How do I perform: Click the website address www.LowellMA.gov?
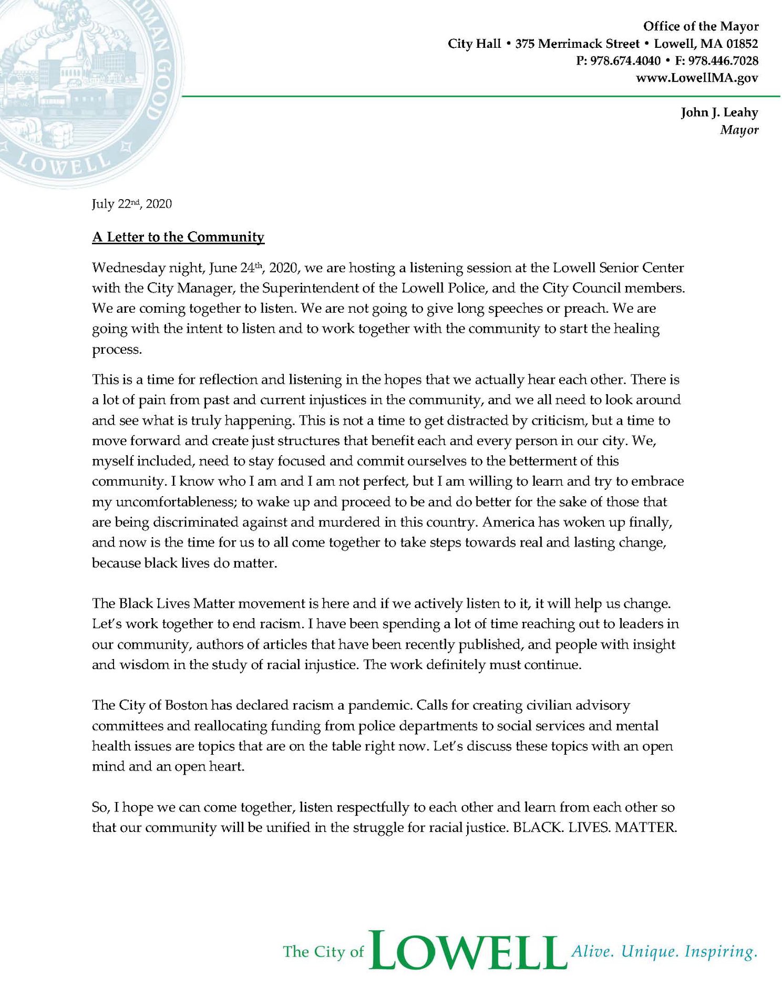click(697, 78)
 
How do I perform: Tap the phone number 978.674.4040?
click(625, 61)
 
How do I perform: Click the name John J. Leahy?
click(719, 112)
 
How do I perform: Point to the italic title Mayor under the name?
click(739, 130)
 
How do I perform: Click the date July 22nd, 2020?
click(132, 204)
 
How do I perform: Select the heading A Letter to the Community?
click(178, 237)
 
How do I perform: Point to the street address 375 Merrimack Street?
click(577, 44)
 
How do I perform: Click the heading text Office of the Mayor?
click(701, 26)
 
